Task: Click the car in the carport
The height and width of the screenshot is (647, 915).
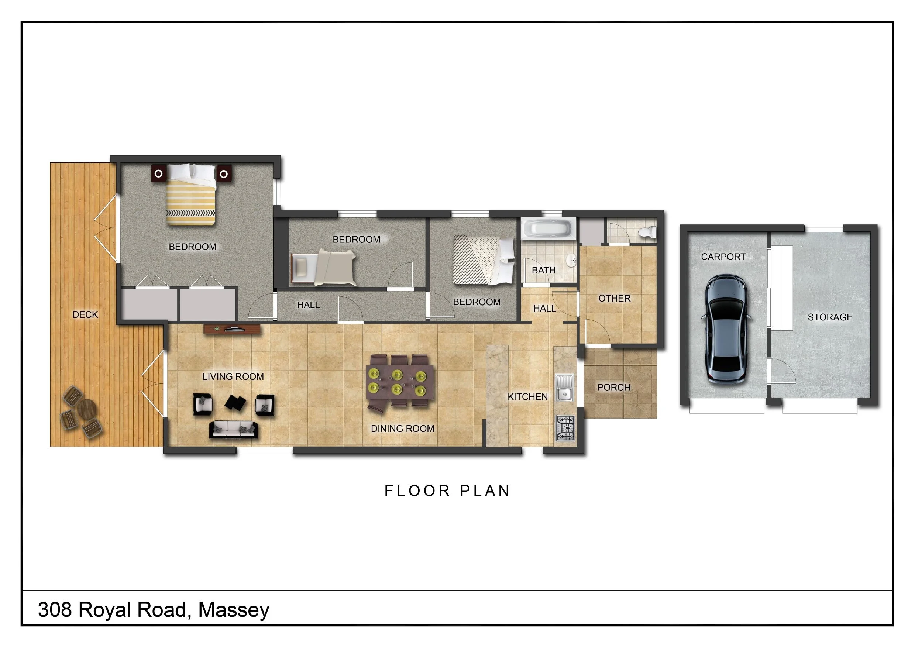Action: point(726,329)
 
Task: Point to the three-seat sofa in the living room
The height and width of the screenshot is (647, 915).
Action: point(234,430)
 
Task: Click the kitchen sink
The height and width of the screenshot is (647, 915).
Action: point(564,388)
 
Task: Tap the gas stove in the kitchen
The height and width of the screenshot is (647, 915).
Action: point(565,428)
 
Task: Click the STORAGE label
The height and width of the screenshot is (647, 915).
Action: point(830,317)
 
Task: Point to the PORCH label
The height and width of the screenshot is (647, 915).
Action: point(613,387)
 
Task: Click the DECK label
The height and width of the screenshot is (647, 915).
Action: point(85,315)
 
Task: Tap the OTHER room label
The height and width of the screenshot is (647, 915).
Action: point(614,298)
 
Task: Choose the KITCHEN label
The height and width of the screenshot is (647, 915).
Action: point(528,397)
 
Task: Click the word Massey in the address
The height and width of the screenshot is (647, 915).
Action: point(234,610)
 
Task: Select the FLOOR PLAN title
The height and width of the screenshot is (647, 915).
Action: point(447,491)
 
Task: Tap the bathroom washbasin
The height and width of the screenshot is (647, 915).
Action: point(571,261)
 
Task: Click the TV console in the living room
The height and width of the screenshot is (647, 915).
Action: point(232,330)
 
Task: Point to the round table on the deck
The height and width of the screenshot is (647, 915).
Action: point(86,408)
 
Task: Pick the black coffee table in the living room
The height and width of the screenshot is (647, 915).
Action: point(235,403)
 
